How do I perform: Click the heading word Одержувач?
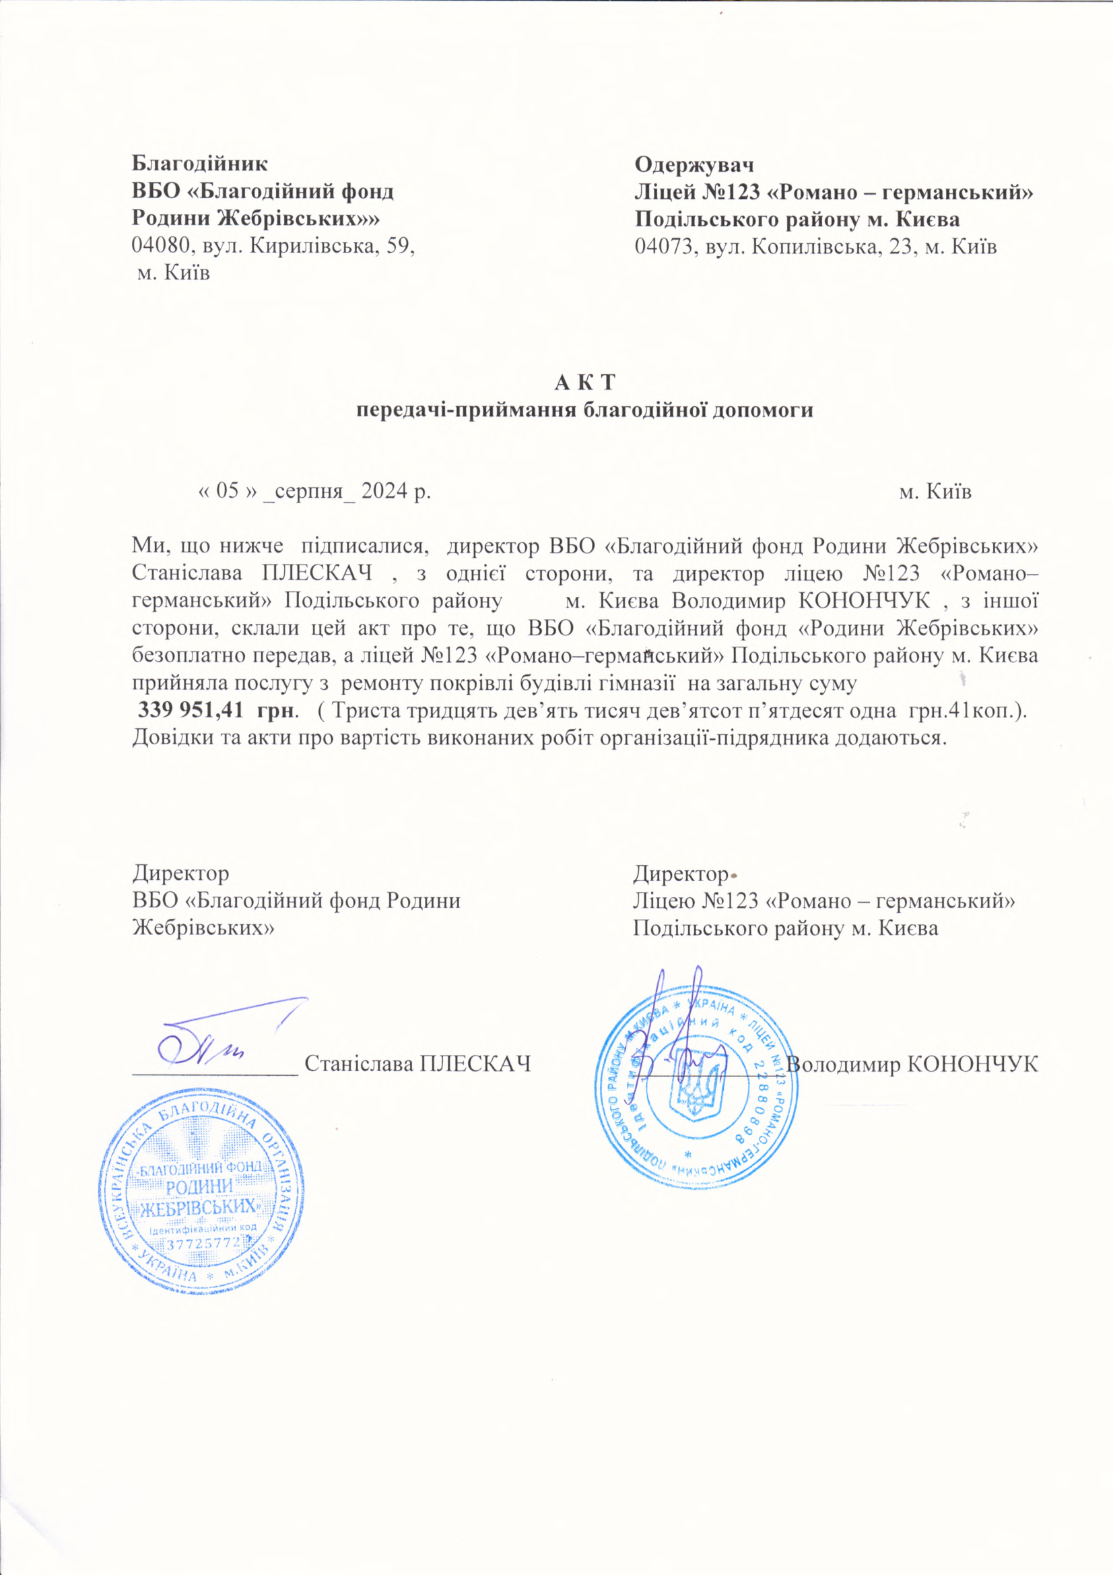[x=694, y=165]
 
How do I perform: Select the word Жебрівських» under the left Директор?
[x=203, y=928]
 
